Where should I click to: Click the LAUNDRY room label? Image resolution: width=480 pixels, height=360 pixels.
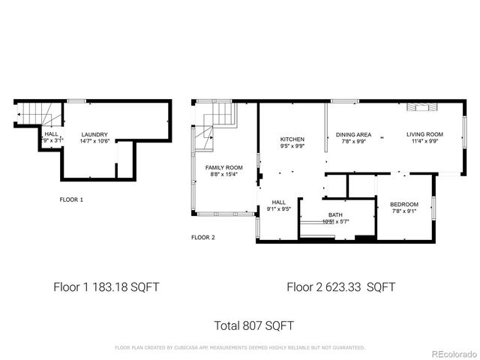(94, 134)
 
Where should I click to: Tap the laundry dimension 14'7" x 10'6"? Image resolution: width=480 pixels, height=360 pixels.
(94, 141)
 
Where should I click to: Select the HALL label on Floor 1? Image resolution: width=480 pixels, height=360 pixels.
(52, 133)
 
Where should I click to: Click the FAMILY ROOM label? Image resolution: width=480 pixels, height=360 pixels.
(223, 167)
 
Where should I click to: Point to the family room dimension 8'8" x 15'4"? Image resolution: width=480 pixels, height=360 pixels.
(223, 174)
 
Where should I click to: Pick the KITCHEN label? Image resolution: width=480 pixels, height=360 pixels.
(292, 139)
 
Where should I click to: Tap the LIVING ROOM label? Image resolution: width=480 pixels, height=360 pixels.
(424, 134)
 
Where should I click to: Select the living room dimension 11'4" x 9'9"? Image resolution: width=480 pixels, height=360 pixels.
(424, 141)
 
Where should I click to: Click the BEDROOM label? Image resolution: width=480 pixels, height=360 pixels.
(404, 204)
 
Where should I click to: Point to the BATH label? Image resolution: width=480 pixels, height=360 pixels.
(334, 215)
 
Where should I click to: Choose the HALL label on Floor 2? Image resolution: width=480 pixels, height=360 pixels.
(279, 202)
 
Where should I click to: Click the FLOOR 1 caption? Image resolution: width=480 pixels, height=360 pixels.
(71, 199)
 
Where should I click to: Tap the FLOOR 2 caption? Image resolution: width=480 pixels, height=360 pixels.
(203, 237)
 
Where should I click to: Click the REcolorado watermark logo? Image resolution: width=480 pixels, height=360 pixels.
(448, 353)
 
